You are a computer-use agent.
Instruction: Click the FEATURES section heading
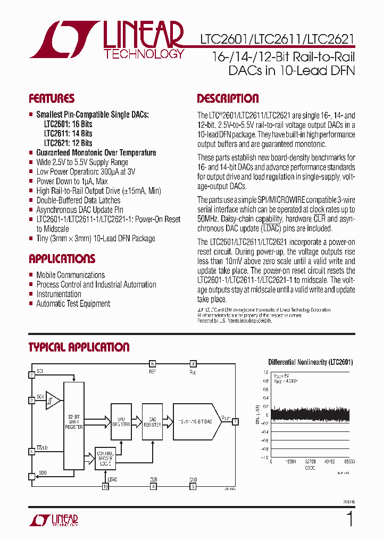point(52,99)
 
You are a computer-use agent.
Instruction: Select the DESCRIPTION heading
point(228,99)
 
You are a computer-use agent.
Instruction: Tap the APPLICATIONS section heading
point(62,259)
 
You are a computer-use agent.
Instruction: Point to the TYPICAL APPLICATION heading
point(79,347)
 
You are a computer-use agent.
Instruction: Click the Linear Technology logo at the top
point(106,39)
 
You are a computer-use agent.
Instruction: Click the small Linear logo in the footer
point(56,520)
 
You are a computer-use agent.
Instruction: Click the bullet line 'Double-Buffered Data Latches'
point(78,200)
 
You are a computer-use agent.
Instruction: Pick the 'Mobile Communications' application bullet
point(70,275)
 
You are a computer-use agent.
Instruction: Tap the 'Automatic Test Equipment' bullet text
point(73,304)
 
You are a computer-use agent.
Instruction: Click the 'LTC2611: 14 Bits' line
point(68,133)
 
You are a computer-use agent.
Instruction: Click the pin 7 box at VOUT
point(235,421)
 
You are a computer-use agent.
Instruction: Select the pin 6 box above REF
point(152,363)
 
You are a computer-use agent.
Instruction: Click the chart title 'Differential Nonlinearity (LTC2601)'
point(311,362)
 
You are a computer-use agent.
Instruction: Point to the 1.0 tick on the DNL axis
point(265,373)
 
